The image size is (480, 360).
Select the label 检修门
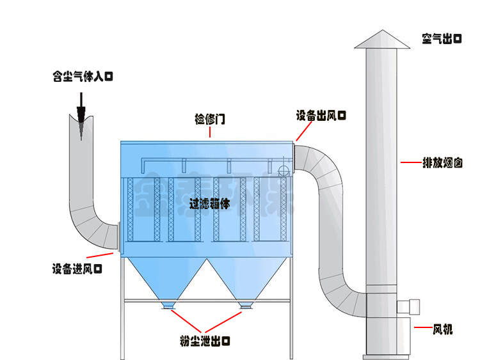coord(210,120)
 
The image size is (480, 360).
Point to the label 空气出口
coord(442,38)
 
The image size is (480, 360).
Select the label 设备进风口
coord(77,269)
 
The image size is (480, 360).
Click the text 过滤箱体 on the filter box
coord(210,204)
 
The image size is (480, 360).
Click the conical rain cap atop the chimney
coord(382,40)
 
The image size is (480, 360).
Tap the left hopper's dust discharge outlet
coord(169,306)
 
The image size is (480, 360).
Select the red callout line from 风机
coord(422,328)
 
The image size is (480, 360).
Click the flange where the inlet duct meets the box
coord(118,237)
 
